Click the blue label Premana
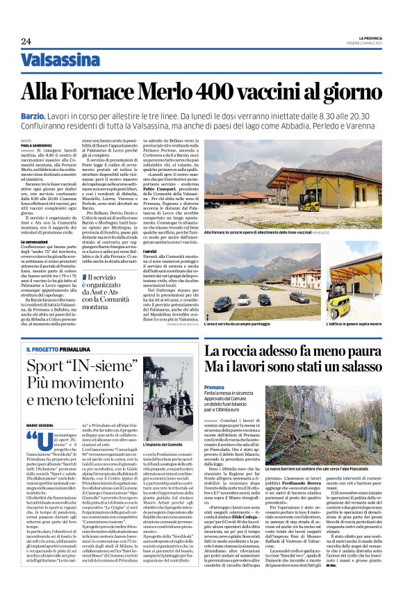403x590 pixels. (x=214, y=386)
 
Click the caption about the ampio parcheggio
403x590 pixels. (x=241, y=325)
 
